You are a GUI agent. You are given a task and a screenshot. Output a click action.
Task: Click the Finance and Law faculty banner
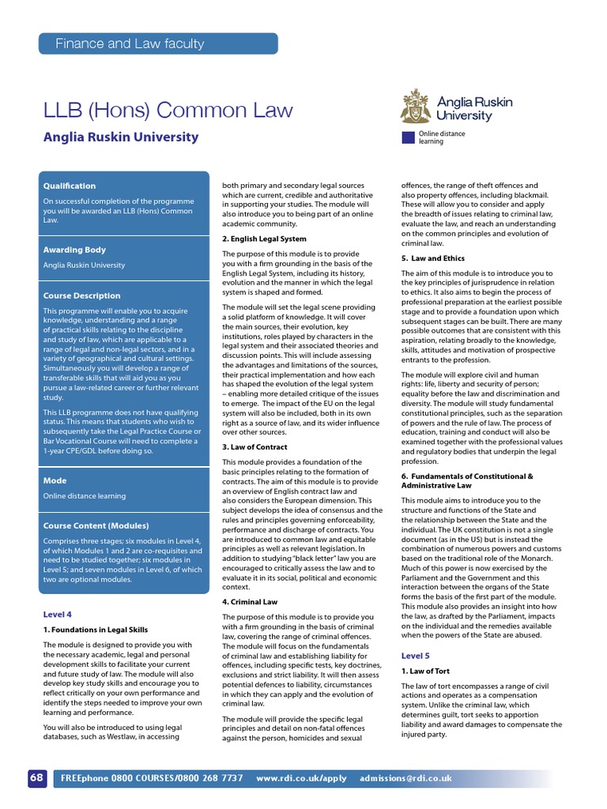tap(158, 43)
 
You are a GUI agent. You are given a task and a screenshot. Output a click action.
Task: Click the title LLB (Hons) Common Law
tap(168, 111)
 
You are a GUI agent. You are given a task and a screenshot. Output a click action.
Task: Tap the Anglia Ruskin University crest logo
tap(416, 106)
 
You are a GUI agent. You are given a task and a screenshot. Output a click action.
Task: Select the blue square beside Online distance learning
tap(408, 137)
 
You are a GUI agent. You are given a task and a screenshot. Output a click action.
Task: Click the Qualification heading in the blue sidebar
tap(70, 186)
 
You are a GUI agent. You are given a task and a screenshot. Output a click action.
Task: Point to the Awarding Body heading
tap(74, 250)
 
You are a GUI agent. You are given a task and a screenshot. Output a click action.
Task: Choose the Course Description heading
tap(81, 295)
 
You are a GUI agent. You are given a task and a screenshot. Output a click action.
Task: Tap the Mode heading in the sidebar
tap(55, 480)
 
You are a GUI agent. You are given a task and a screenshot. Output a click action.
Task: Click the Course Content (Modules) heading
tap(96, 525)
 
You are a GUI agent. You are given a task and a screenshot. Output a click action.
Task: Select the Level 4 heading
tap(57, 614)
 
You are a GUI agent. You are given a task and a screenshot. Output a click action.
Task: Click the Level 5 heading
tap(416, 656)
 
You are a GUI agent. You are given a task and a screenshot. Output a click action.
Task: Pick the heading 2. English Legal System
tap(264, 239)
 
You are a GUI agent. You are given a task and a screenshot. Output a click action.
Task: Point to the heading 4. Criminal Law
tap(250, 602)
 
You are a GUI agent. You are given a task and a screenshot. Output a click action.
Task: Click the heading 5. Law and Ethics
tap(433, 258)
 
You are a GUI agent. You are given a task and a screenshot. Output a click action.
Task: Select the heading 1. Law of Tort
tap(426, 671)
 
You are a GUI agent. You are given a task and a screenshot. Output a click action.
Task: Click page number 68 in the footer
tap(37, 777)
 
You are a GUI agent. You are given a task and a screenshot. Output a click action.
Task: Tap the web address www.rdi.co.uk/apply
tap(301, 778)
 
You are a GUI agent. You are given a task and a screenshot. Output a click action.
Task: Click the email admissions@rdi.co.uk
tap(405, 778)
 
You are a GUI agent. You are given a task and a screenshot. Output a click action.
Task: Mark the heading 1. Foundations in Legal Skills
tap(95, 630)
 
